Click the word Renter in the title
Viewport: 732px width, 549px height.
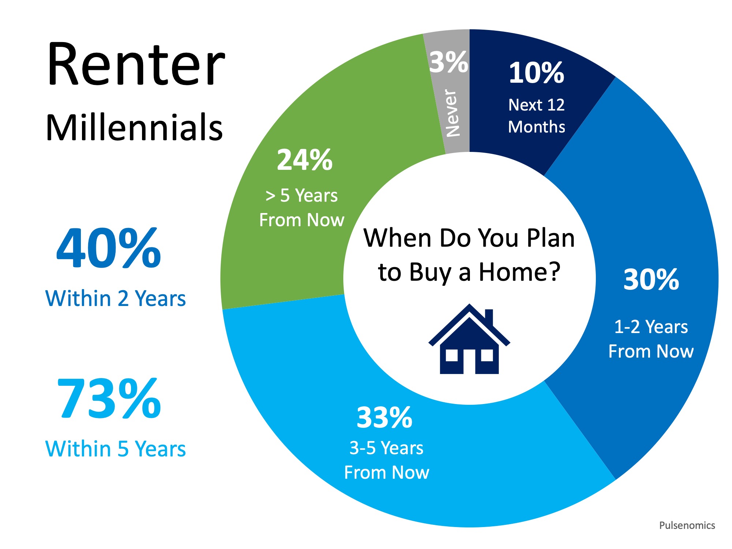click(136, 65)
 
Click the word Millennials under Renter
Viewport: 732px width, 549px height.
click(134, 127)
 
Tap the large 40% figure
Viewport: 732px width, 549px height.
click(109, 249)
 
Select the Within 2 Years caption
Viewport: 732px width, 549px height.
click(115, 298)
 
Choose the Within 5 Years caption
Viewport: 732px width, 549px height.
click(115, 449)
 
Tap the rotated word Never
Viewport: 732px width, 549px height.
click(452, 113)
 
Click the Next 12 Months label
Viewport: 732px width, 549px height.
click(537, 116)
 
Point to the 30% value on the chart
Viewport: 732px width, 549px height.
click(651, 280)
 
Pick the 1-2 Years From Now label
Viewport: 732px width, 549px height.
click(651, 339)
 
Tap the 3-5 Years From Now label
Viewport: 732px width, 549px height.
click(386, 460)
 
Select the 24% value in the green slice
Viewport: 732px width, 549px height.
click(305, 160)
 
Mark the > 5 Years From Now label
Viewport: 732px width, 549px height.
click(302, 208)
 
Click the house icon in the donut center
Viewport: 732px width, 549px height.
click(469, 344)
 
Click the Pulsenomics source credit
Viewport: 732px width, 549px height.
click(687, 526)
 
